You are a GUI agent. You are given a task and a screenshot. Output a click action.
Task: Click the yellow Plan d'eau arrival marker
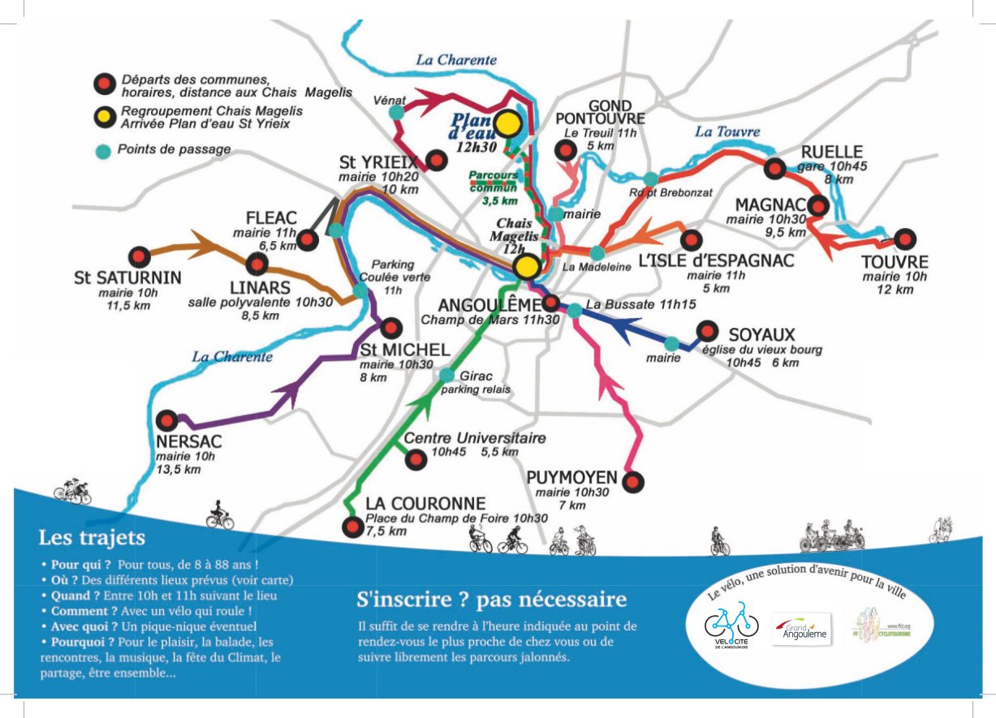coord(508,123)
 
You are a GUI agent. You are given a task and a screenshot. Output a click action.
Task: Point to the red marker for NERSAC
coord(167,420)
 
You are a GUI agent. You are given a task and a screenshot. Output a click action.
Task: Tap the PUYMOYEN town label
coord(571,477)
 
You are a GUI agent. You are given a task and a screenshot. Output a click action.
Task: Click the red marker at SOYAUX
coord(708,331)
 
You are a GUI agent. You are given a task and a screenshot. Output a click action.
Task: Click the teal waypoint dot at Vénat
coord(396,112)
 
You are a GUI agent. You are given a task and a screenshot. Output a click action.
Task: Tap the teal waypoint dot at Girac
coord(446,375)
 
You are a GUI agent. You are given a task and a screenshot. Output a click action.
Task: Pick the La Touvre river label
coord(727,131)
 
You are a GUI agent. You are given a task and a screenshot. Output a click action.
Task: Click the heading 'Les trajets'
coord(92,537)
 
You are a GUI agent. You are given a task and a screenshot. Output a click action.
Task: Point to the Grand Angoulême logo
coord(800,630)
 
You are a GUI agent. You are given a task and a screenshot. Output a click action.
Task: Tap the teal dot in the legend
coord(103,150)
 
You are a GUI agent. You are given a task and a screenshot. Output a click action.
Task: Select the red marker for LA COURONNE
coord(352,527)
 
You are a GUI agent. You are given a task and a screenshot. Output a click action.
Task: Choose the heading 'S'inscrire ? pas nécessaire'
coord(492,600)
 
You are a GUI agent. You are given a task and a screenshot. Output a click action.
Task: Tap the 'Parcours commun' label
coord(494,181)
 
